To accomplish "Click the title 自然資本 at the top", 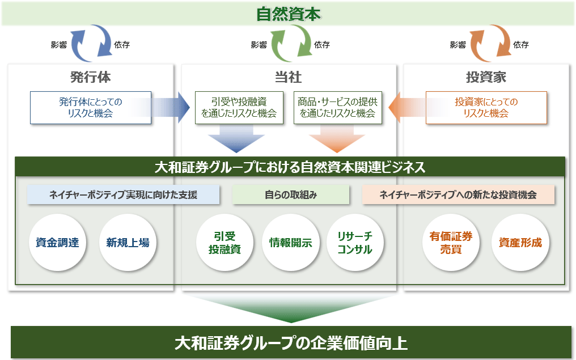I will pyautogui.click(x=288, y=14).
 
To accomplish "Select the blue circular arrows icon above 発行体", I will pyautogui.click(x=90, y=43).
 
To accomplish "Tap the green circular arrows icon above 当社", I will pyautogui.click(x=290, y=43).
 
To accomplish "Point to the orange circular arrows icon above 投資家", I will pyautogui.click(x=489, y=43).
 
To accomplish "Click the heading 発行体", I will pyautogui.click(x=90, y=77).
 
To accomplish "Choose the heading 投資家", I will pyautogui.click(x=486, y=77).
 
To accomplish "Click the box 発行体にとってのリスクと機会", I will pyautogui.click(x=91, y=107).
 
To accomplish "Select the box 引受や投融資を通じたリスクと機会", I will pyautogui.click(x=239, y=107).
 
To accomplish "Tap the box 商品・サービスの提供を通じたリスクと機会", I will pyautogui.click(x=337, y=107).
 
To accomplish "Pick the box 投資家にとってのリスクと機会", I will pyautogui.click(x=486, y=107).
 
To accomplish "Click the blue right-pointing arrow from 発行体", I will pyautogui.click(x=170, y=107).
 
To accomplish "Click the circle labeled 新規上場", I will pyautogui.click(x=128, y=243).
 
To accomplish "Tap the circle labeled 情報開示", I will pyautogui.click(x=290, y=243).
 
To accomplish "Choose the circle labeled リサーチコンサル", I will pyautogui.click(x=355, y=243).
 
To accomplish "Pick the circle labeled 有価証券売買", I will pyautogui.click(x=452, y=243).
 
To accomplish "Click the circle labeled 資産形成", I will pyautogui.click(x=520, y=243).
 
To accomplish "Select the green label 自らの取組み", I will pyautogui.click(x=290, y=195).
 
